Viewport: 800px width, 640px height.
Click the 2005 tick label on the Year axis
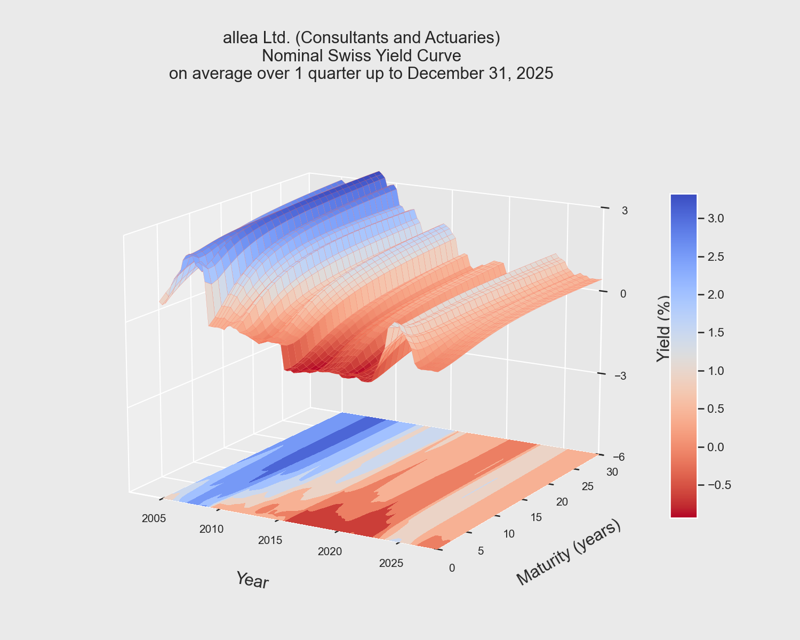point(154,518)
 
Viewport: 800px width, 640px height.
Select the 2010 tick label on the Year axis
point(212,529)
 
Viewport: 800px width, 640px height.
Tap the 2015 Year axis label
point(270,540)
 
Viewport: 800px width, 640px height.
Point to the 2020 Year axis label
point(330,551)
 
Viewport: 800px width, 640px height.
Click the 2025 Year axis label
point(391,563)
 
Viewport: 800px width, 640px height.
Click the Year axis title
point(252,580)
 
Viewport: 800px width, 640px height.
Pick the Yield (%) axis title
point(663,329)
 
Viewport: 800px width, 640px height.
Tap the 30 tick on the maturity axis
point(612,471)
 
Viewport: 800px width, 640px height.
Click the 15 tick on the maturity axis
point(537,517)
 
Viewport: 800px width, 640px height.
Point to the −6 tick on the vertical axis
point(620,457)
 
